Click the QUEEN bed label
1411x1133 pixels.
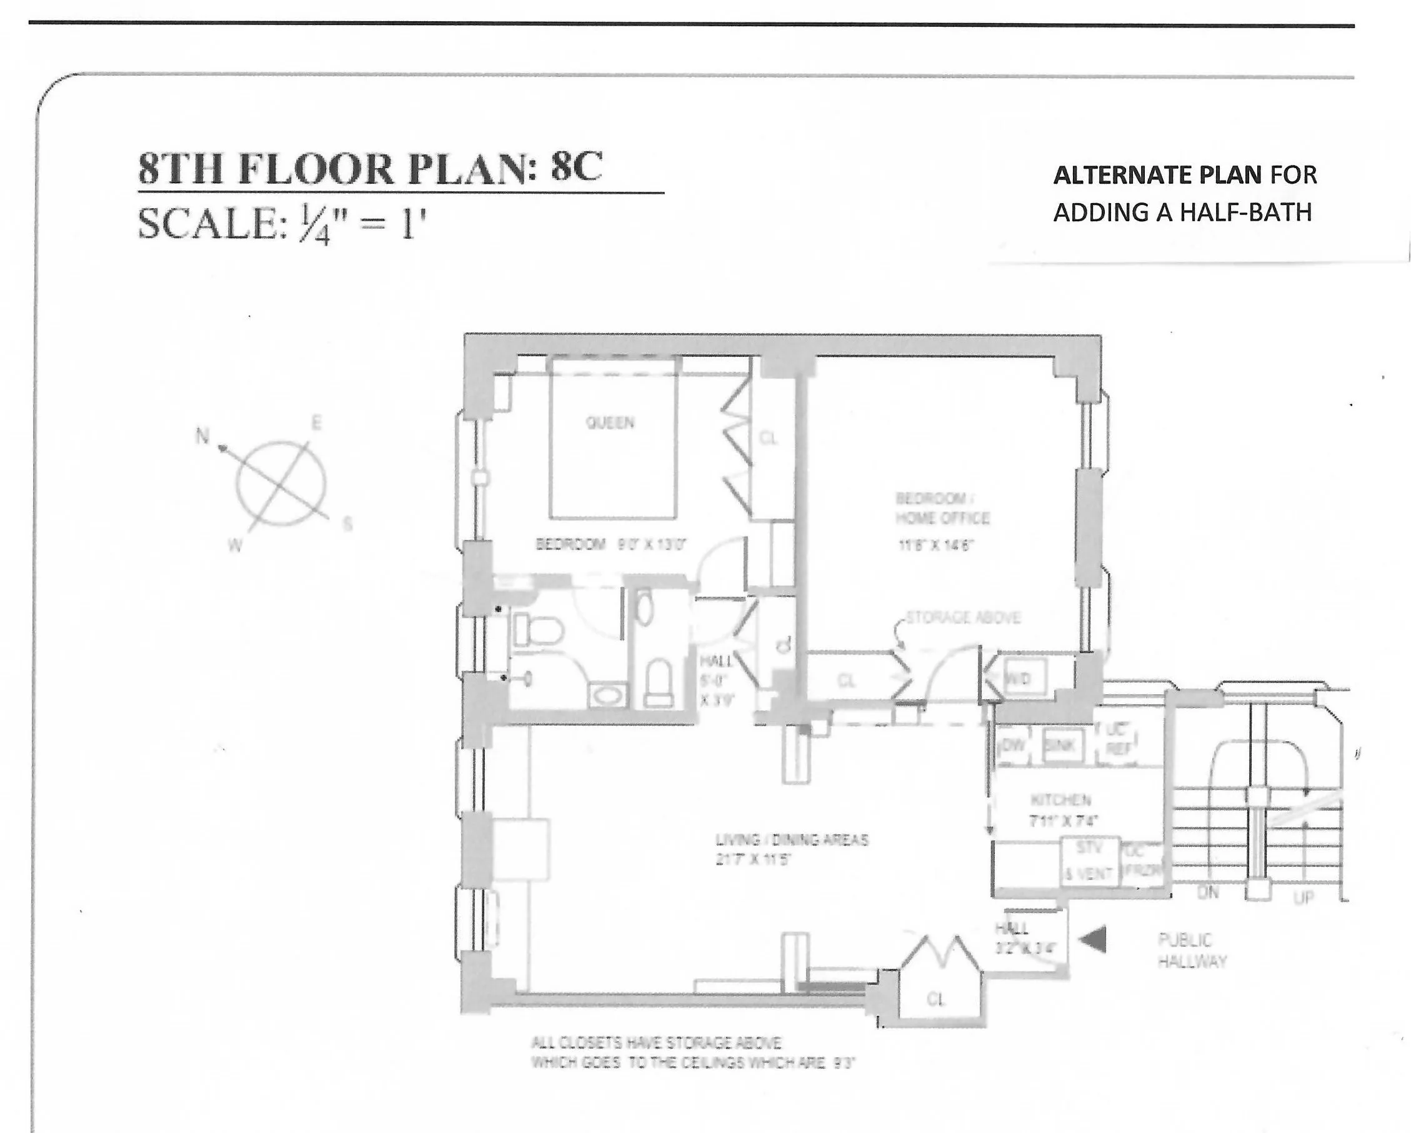pos(610,423)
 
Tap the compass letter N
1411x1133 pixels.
pos(203,436)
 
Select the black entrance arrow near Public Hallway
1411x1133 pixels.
pos(1092,941)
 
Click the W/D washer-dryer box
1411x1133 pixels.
pos(1018,679)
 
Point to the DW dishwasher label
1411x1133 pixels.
pos(1013,745)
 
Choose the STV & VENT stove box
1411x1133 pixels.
pos(1090,861)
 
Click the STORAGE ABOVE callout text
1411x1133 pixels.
pos(963,618)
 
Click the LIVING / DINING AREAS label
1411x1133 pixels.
pos(792,840)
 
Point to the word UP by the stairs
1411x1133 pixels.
pos(1302,898)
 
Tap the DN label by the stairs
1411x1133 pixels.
pos(1207,892)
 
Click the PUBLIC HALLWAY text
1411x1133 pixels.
pos(1192,951)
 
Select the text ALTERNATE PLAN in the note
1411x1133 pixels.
pos(1157,176)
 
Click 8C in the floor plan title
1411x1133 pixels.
pos(576,167)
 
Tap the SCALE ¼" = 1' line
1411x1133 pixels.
pos(281,224)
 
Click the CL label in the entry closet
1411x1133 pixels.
pos(936,999)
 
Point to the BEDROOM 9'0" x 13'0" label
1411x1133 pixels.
pos(610,544)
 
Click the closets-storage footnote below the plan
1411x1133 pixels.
pos(692,1052)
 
